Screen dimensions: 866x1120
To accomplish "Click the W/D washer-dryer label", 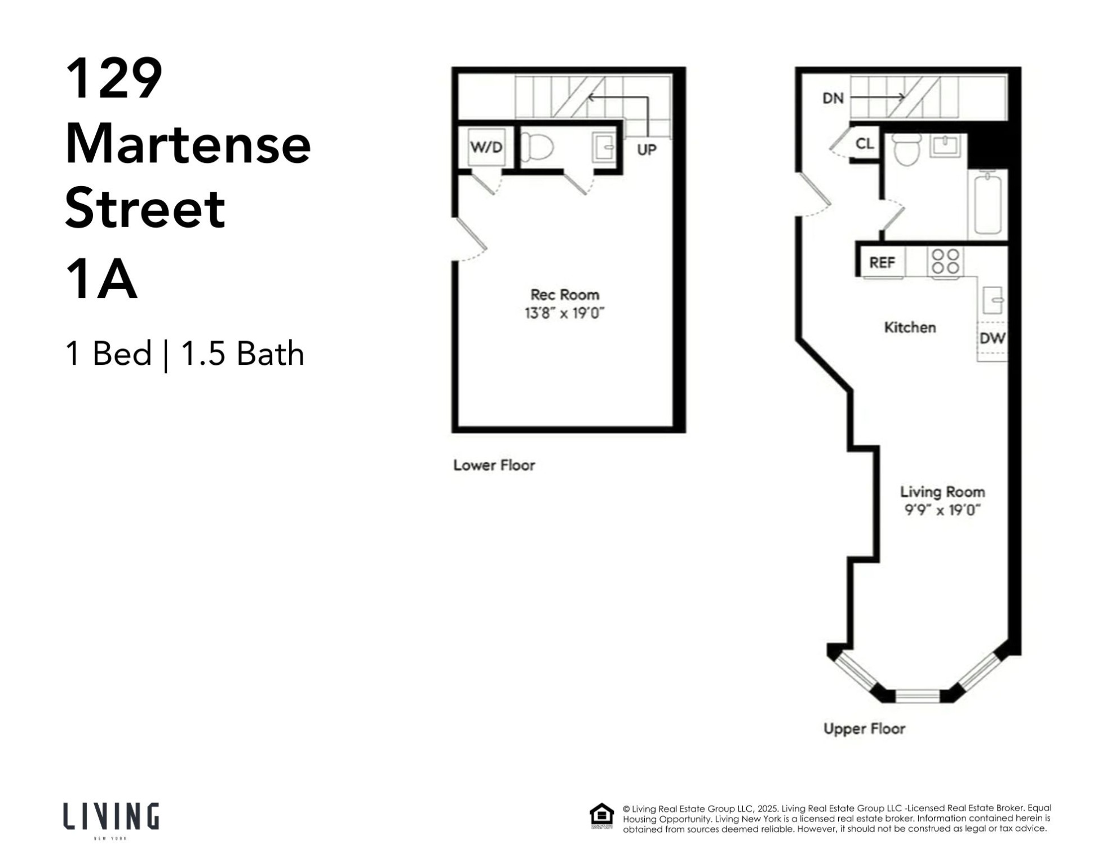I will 486,148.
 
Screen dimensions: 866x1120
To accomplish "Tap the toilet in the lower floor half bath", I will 537,148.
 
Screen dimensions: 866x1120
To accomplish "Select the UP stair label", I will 647,150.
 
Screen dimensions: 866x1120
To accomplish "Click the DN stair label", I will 833,99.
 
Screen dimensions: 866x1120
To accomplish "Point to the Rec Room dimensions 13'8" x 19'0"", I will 564,313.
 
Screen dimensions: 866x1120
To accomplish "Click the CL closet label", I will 864,144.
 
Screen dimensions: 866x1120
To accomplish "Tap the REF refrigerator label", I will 882,263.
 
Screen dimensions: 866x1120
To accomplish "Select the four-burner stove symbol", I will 945,262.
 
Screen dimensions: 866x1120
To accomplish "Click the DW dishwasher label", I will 992,338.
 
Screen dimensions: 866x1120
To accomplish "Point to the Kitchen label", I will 910,328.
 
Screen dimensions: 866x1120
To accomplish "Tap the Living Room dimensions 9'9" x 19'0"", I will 942,510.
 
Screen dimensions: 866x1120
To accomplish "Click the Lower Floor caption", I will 494,465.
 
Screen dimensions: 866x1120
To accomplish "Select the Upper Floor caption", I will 864,728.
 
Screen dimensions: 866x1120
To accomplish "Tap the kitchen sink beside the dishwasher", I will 992,300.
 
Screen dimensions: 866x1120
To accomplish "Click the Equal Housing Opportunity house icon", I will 601,815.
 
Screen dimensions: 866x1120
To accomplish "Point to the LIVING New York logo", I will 111,819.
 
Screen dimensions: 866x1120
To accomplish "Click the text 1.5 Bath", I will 242,354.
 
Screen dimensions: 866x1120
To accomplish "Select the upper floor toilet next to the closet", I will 907,149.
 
